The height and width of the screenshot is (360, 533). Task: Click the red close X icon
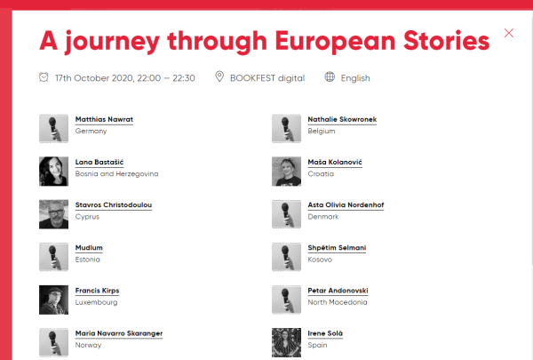point(509,33)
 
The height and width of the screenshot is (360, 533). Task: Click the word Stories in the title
point(446,41)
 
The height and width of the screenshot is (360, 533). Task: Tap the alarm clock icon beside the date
point(44,77)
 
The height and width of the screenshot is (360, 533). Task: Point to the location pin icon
point(219,76)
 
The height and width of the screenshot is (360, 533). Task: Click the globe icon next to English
point(330,76)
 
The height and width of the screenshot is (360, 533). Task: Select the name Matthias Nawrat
point(104,119)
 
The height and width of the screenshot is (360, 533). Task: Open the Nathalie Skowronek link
point(342,119)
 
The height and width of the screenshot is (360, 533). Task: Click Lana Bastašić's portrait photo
point(53,172)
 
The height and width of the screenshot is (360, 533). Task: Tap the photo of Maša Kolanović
point(286,172)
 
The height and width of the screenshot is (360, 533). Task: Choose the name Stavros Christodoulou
point(114,204)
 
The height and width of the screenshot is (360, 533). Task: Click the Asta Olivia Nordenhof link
point(346,204)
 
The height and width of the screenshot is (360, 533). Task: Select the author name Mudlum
point(89,248)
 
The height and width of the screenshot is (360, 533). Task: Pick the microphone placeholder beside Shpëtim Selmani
point(286,257)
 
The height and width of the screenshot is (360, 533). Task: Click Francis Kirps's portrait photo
point(53,300)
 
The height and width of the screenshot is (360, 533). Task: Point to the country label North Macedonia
point(338,302)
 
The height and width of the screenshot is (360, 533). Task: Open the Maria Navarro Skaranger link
point(119,333)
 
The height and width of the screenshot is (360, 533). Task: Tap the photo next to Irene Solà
point(286,342)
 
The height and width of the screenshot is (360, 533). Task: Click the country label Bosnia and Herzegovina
point(116,174)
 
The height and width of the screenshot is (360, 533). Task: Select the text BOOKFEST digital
point(267,78)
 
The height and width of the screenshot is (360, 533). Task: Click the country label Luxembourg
point(96,302)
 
